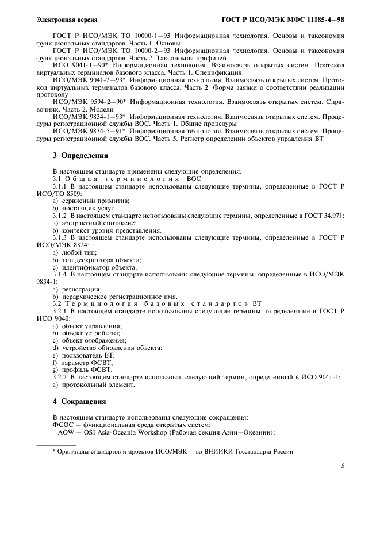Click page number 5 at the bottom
pyautogui.click(x=343, y=466)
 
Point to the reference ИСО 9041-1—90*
pyautogui.click(x=76, y=66)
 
